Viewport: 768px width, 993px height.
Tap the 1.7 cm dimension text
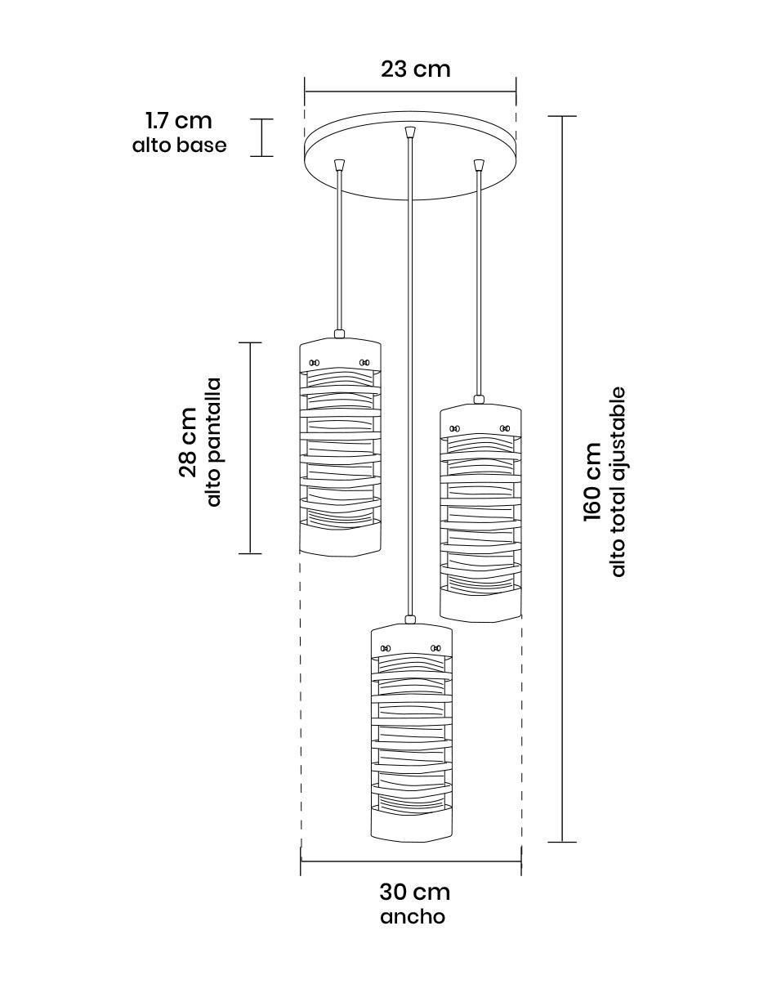click(179, 121)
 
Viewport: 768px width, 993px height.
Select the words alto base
click(180, 145)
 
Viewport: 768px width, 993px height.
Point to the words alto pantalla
click(213, 442)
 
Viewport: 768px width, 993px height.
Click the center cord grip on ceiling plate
click(410, 132)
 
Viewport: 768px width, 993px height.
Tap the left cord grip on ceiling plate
click(339, 164)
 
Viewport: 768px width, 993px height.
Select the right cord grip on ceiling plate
click(479, 164)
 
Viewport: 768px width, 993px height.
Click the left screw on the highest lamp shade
click(314, 363)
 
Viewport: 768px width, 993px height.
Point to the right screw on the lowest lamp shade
click(435, 648)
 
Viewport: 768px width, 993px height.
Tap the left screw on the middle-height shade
click(454, 428)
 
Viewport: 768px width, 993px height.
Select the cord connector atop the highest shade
click(339, 334)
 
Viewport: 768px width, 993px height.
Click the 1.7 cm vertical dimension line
click(261, 137)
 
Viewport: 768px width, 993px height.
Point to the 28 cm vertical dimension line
click(250, 448)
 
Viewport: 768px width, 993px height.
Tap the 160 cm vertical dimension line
click(562, 479)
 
